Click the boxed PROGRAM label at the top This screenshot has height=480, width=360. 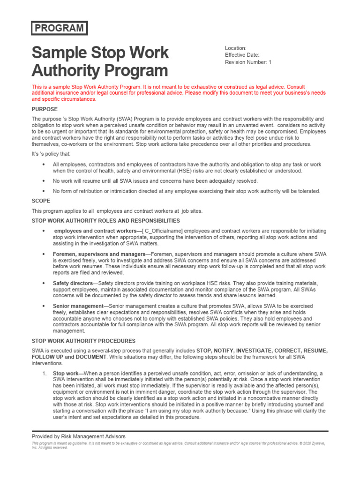click(x=60, y=28)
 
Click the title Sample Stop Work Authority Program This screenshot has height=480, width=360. click(x=100, y=61)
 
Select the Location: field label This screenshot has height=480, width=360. click(x=235, y=48)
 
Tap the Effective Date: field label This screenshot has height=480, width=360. click(x=242, y=55)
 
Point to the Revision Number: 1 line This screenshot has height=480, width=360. click(x=248, y=62)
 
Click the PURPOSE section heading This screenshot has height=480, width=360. click(x=45, y=109)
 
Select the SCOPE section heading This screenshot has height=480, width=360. click(x=41, y=201)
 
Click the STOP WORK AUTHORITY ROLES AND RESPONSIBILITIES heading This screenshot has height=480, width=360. click(x=105, y=221)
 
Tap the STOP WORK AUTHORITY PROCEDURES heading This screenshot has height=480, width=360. click(x=83, y=341)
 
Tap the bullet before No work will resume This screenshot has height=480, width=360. click(x=44, y=181)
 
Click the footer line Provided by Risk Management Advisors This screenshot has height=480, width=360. click(x=79, y=436)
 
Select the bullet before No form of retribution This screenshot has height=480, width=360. click(x=44, y=191)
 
